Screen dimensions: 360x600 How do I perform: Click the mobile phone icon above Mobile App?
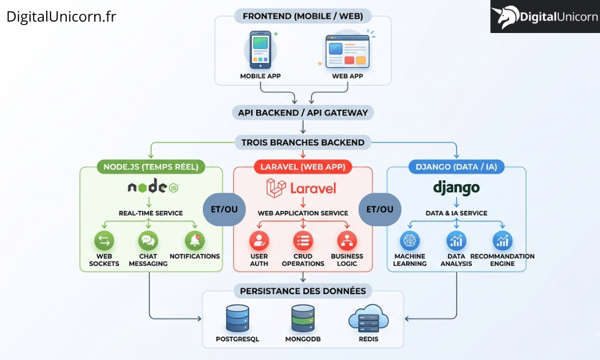point(260,49)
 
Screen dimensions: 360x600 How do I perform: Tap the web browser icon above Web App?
point(346,50)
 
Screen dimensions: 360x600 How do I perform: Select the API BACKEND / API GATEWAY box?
point(303,112)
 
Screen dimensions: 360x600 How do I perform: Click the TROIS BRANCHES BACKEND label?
point(303,142)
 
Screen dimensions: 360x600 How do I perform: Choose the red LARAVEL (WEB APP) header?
point(303,167)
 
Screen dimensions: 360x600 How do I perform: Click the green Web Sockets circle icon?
point(104,241)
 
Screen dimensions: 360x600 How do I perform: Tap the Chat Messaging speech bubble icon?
point(148,241)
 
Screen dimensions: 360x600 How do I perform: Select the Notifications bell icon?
point(194,241)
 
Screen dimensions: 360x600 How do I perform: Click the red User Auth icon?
point(259,241)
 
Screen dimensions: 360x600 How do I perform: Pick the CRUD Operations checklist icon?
point(303,241)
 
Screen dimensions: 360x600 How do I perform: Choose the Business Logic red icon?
point(347,241)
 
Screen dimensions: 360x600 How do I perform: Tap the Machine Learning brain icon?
point(410,241)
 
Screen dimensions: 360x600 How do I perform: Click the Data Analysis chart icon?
point(457,241)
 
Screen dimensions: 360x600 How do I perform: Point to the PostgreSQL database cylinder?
point(238,318)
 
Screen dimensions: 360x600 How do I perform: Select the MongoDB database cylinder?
point(303,318)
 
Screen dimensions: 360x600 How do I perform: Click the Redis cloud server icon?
point(368,318)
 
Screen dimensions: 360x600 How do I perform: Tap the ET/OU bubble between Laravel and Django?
point(380,209)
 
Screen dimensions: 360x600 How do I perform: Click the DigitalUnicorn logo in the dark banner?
point(545,16)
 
